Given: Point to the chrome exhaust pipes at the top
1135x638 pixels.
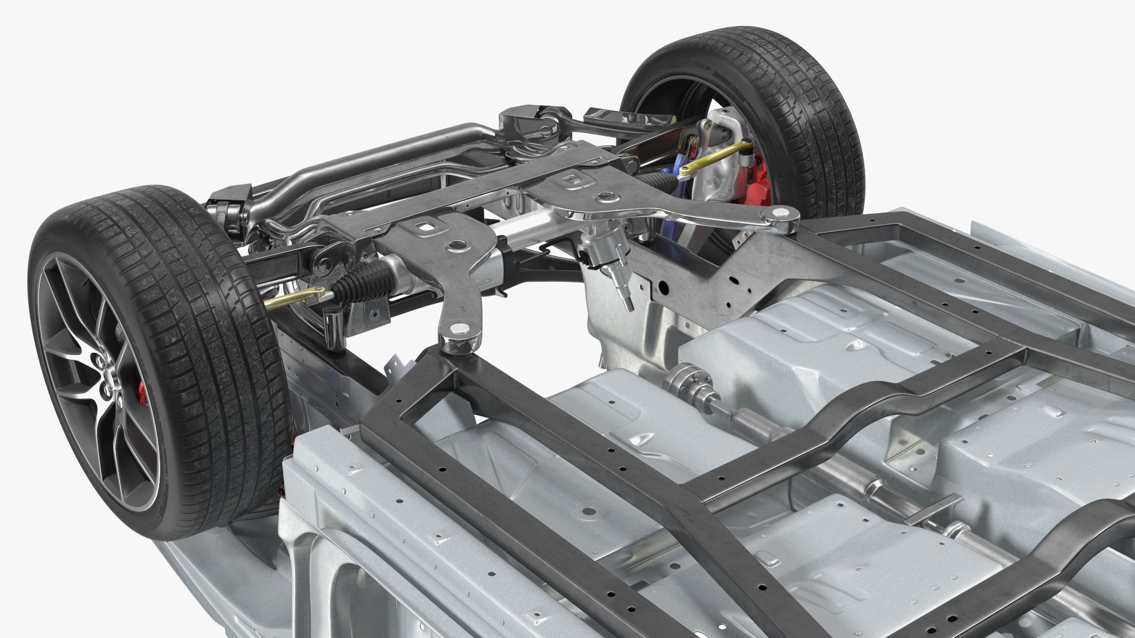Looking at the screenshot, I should pos(319,159).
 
